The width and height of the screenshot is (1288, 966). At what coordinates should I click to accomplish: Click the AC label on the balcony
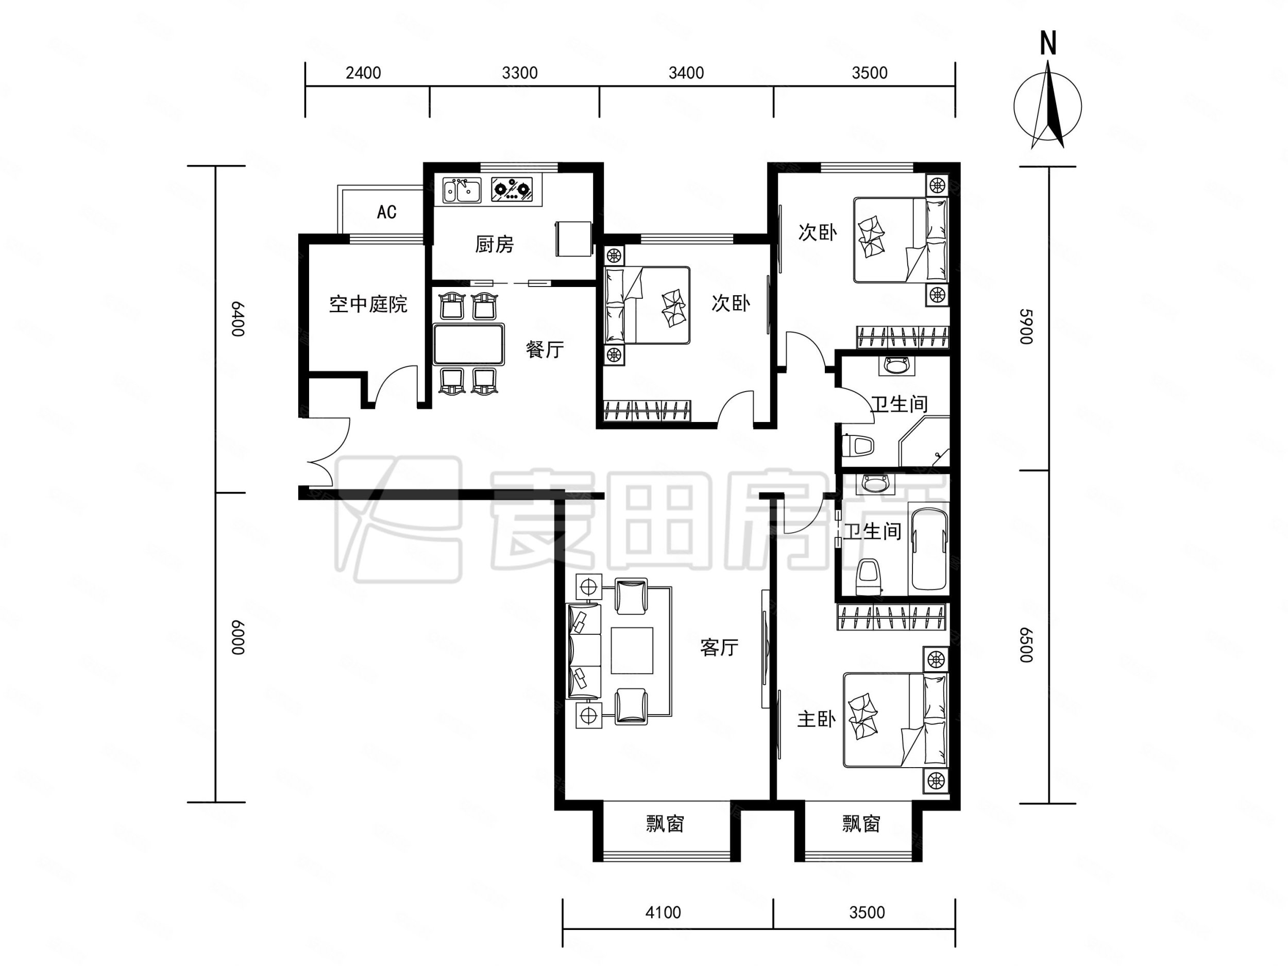tap(386, 212)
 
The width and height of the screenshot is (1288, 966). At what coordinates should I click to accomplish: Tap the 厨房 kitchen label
tap(495, 244)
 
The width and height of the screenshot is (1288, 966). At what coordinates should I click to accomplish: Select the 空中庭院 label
tap(368, 304)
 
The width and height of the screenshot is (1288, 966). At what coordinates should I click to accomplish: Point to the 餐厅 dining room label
tap(545, 349)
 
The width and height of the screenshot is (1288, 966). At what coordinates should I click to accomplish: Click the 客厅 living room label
tap(719, 647)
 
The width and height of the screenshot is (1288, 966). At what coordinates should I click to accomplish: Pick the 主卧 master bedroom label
tap(817, 719)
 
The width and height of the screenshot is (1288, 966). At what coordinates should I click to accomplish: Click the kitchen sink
tap(462, 191)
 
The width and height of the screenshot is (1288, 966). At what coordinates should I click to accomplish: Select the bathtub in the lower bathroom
tap(929, 550)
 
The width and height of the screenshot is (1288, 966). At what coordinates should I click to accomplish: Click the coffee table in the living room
tap(632, 650)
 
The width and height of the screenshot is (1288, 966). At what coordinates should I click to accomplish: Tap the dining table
tap(468, 344)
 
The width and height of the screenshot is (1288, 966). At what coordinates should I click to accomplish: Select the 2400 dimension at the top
tap(363, 73)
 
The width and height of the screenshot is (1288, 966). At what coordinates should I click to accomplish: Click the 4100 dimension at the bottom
tap(663, 912)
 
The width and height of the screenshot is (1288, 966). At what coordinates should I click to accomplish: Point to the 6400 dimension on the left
tap(237, 319)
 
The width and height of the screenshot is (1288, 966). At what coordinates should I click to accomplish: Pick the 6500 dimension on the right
tap(1026, 645)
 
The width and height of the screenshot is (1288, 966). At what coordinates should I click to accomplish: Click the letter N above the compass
tap(1048, 43)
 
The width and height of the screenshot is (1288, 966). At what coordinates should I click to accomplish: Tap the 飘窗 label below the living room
tap(665, 824)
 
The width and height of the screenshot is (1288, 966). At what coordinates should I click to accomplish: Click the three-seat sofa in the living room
tap(584, 651)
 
